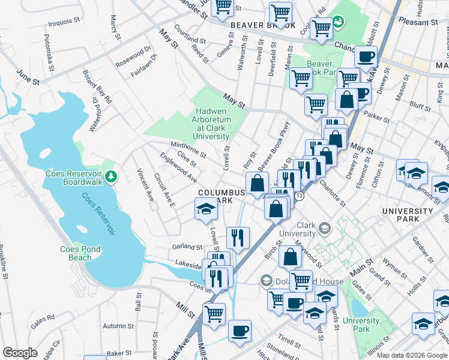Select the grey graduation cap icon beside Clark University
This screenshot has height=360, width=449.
(x=325, y=228)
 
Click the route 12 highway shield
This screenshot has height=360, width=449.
(x=299, y=196)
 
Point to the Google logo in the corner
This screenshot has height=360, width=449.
(x=20, y=353)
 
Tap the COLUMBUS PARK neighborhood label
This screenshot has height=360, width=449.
(x=221, y=196)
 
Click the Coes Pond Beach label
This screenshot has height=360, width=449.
(x=84, y=253)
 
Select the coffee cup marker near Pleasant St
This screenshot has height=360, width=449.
(x=366, y=58)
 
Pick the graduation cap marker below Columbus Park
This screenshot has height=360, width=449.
(x=205, y=209)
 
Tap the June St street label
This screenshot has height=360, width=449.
(x=28, y=76)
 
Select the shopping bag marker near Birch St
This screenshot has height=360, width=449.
(x=290, y=256)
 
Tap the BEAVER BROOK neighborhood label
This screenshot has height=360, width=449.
(x=263, y=26)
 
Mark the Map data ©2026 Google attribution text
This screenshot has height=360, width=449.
(x=411, y=355)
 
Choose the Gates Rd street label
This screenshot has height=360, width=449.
(x=43, y=319)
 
